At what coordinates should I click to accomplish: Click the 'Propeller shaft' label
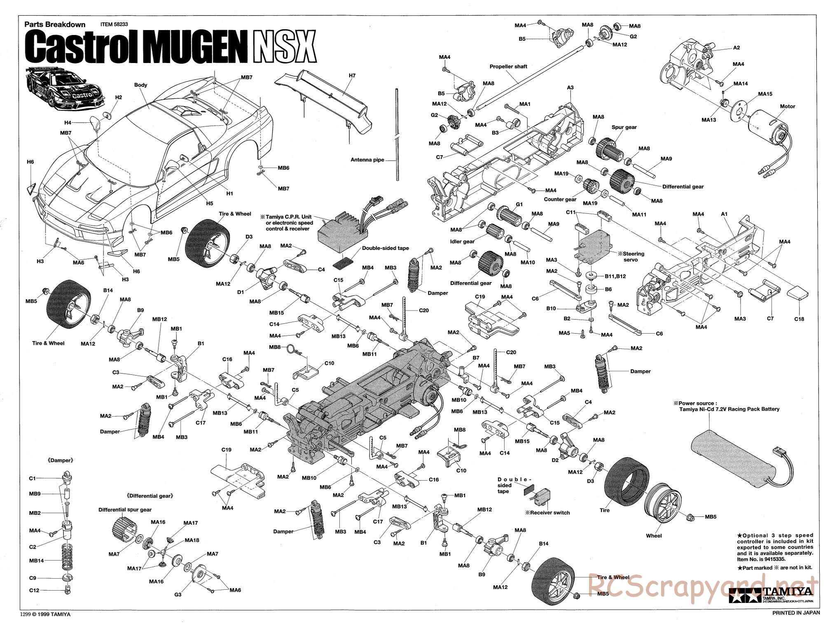(508, 66)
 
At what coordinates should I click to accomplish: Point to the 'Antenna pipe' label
(367, 160)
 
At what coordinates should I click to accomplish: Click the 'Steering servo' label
(634, 257)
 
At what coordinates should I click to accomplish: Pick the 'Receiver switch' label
(547, 513)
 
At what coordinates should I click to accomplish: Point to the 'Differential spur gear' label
(125, 509)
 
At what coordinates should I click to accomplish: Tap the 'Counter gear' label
(560, 199)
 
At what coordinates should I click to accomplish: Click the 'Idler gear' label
(462, 241)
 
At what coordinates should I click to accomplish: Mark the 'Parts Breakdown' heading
(55, 24)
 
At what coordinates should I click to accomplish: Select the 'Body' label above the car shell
(140, 85)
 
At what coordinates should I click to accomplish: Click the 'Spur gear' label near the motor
(624, 127)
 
